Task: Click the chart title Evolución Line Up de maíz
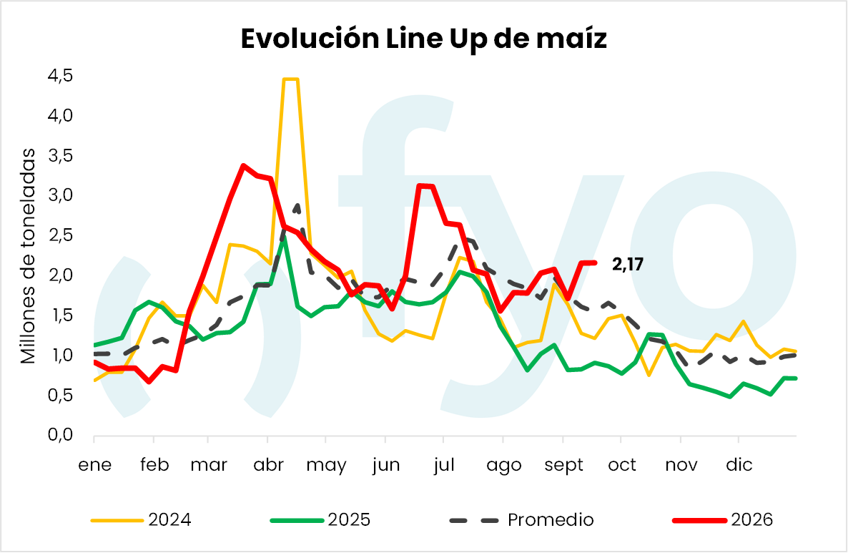click(423, 39)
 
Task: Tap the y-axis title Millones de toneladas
click(28, 256)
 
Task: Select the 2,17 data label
click(627, 264)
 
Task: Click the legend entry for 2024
click(141, 520)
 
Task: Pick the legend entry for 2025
click(320, 520)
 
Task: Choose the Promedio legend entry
click(521, 520)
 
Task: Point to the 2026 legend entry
click(723, 520)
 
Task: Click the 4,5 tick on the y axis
click(60, 76)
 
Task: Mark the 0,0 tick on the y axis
click(60, 434)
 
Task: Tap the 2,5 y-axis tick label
click(60, 235)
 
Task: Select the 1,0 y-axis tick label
click(60, 355)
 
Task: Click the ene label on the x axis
click(94, 465)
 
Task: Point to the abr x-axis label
click(268, 465)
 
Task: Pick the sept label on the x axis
click(563, 465)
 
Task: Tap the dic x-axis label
click(739, 465)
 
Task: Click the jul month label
click(443, 465)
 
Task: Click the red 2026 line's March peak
click(243, 165)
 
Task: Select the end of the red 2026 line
click(596, 263)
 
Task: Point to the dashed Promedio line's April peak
click(297, 205)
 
